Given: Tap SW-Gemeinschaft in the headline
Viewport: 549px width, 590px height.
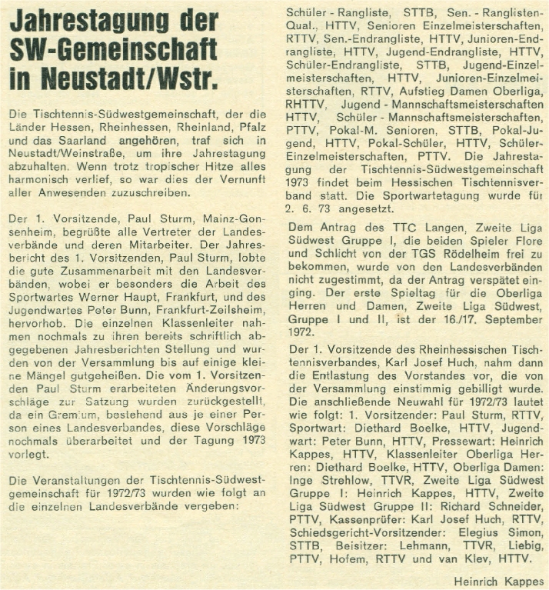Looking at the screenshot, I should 112,50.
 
